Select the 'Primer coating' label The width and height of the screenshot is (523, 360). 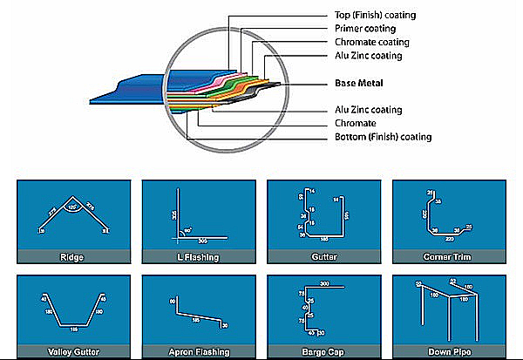pyautogui.click(x=363, y=29)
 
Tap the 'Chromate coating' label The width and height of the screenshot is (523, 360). pyautogui.click(x=371, y=42)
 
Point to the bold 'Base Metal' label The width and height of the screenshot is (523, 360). pyautogui.click(x=359, y=84)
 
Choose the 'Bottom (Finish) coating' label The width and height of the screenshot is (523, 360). pyautogui.click(x=383, y=137)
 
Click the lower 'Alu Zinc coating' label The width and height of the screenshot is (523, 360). pyautogui.click(x=369, y=110)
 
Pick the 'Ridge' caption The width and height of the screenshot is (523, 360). pyautogui.click(x=71, y=257)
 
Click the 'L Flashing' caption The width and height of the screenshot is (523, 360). pyautogui.click(x=197, y=257)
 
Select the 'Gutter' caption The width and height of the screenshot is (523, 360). pyautogui.click(x=323, y=257)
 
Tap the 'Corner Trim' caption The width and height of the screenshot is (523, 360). pyautogui.click(x=448, y=257)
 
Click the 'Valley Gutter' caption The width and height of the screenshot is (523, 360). pyautogui.click(x=71, y=352)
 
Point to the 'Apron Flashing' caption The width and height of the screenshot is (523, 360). pyautogui.click(x=197, y=352)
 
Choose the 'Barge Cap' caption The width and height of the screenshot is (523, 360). pyautogui.click(x=323, y=352)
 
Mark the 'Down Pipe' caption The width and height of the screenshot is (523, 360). pyautogui.click(x=448, y=352)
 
